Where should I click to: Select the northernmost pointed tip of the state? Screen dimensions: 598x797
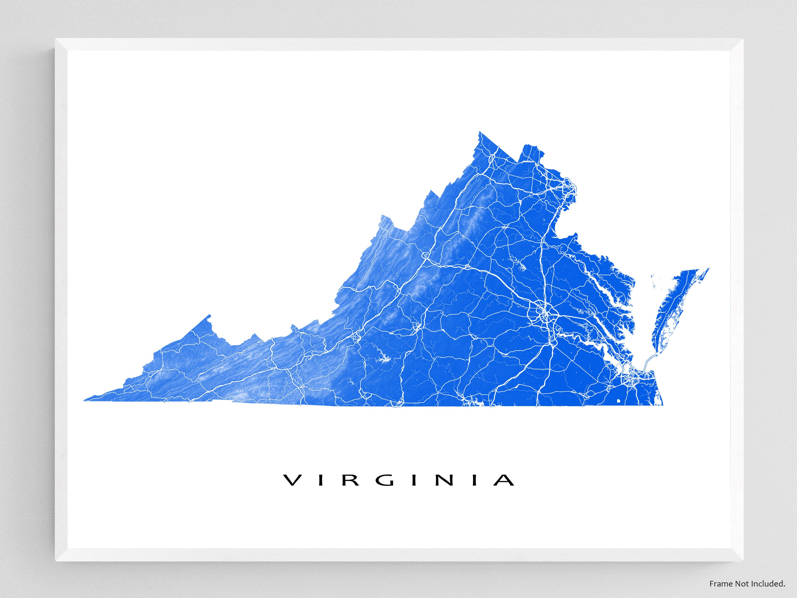480,133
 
